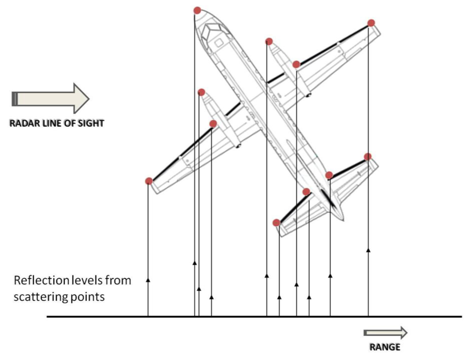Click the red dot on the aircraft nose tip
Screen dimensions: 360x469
coord(197,10)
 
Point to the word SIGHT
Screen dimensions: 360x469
coord(91,124)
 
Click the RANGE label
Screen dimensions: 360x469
coord(385,347)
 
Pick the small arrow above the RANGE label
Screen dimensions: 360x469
coord(386,333)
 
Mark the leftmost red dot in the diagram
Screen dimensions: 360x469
coord(149,181)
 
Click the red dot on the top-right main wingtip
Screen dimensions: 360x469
coord(371,23)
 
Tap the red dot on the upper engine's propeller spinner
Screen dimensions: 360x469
coord(269,41)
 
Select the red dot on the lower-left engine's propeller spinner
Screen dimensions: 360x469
coord(201,92)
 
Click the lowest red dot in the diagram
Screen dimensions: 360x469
coord(277,222)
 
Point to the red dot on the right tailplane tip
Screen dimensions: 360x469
coord(368,156)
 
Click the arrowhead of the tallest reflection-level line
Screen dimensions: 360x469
coord(368,250)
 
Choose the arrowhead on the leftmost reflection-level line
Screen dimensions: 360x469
coord(148,280)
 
